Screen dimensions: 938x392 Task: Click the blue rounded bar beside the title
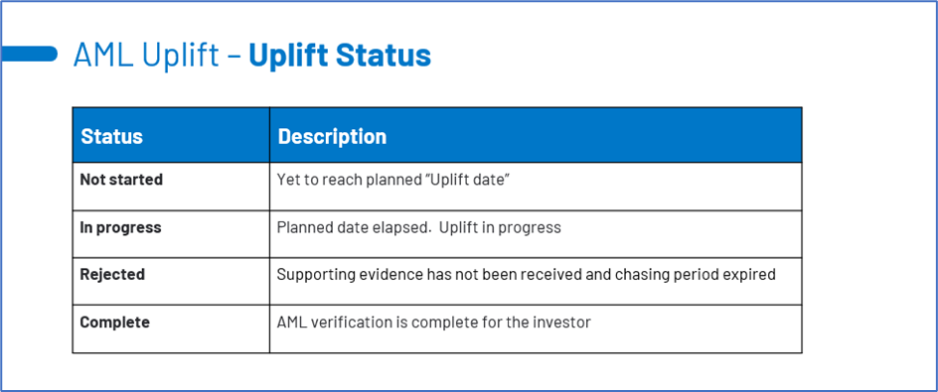29,54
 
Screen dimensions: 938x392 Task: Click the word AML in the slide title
103,55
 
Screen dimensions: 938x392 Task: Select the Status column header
112,136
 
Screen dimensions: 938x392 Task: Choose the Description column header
332,136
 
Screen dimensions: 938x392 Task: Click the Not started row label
121,180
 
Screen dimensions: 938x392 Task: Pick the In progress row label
121,227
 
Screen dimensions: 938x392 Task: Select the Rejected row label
112,274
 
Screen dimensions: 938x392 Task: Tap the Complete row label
115,323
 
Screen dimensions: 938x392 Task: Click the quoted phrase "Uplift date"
459,180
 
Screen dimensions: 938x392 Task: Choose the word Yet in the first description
286,180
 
